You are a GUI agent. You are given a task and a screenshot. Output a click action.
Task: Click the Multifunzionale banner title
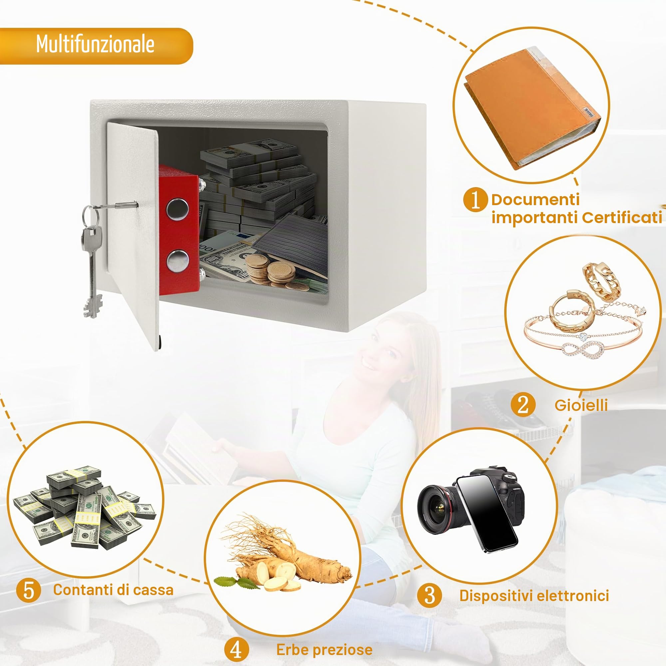coord(95,44)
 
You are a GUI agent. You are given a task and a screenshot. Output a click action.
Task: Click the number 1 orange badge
coord(475,199)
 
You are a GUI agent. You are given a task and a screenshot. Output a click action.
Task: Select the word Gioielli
coord(581,405)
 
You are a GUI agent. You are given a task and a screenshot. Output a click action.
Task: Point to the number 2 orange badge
coord(523,405)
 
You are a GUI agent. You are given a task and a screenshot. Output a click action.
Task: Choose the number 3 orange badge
coord(429,595)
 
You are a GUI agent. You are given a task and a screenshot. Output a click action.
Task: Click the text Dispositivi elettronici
coord(534,596)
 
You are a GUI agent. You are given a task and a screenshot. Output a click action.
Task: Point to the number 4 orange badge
coord(236,650)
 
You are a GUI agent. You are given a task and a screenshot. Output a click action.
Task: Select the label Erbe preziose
coord(324,650)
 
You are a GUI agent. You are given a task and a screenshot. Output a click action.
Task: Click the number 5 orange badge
coord(29,590)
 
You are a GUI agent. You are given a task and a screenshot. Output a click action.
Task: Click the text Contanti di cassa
coord(113,590)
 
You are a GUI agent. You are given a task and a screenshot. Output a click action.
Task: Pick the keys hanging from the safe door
coord(92,258)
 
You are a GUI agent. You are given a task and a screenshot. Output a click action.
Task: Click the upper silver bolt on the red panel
coord(178,209)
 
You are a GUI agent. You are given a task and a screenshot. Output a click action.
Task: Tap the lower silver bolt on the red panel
coord(178,260)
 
